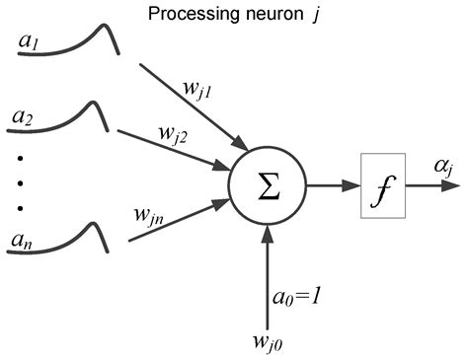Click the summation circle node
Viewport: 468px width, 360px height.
[267, 183]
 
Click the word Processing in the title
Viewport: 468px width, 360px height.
[185, 15]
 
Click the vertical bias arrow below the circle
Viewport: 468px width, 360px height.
[268, 272]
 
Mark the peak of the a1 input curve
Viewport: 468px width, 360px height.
[109, 36]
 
